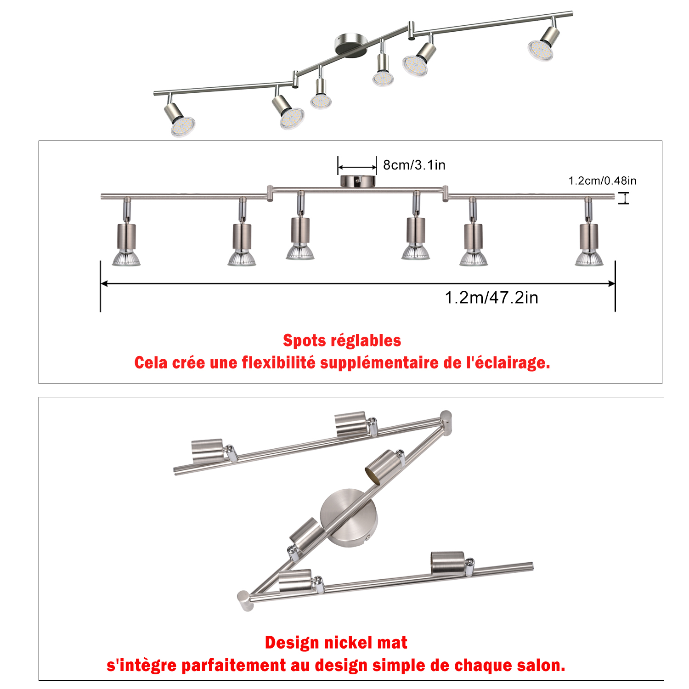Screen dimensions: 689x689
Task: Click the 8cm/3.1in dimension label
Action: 414,165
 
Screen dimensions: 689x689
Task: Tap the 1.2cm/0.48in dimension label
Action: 602,181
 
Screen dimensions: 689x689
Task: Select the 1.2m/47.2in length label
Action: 491,298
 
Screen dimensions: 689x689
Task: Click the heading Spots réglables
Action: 342,340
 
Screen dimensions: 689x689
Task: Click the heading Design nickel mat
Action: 336,642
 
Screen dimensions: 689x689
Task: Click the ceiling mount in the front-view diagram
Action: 358,181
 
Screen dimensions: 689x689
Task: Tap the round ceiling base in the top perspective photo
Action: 348,45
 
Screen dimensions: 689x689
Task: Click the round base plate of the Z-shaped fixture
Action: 349,518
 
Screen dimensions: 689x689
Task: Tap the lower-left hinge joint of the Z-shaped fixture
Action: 245,601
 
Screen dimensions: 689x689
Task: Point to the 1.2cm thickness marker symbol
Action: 623,198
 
